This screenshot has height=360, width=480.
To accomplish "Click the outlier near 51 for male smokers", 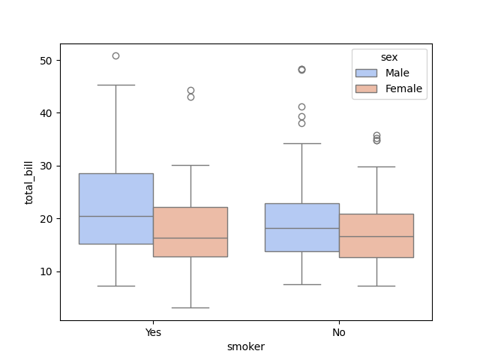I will click(x=115, y=55).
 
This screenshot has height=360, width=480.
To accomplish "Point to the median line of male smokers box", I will click(x=115, y=216).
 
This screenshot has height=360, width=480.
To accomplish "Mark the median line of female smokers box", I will click(x=190, y=238).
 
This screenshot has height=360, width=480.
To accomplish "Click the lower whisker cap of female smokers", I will click(x=190, y=307).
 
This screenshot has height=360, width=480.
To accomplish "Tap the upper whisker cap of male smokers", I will click(x=115, y=85).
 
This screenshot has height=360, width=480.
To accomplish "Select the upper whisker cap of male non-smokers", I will click(x=301, y=143).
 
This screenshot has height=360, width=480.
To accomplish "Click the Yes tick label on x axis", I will click(x=153, y=331).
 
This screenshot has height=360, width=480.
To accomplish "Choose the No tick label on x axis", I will click(x=339, y=331).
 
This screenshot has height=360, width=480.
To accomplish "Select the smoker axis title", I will click(x=246, y=346).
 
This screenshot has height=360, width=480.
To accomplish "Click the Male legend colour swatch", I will click(x=367, y=73).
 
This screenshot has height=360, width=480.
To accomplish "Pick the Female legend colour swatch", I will click(x=367, y=88).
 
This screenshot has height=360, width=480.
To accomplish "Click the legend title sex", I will click(x=388, y=57).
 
